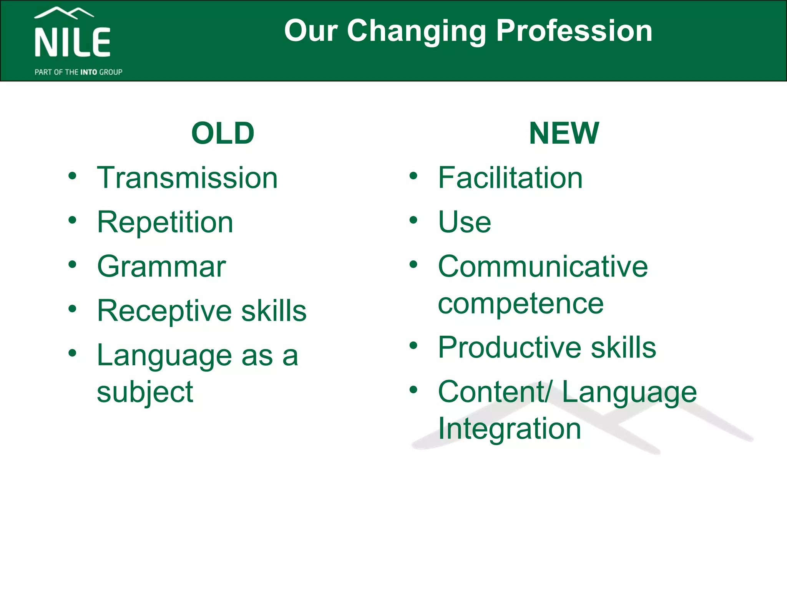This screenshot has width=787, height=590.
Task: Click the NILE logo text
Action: (73, 43)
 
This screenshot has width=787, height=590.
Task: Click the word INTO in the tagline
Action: (89, 72)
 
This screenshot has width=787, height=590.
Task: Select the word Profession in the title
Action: (574, 31)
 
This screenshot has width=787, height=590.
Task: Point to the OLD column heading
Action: (223, 133)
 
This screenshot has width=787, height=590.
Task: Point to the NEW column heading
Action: (564, 133)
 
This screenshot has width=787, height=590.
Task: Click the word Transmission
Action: (187, 178)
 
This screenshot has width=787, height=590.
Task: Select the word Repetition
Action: (165, 222)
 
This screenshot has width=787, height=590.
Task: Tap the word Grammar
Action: (161, 267)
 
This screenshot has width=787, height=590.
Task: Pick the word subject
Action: (145, 393)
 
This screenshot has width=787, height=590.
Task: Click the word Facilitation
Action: (510, 178)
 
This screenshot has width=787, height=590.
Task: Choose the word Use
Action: (465, 222)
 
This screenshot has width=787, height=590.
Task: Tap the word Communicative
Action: (543, 267)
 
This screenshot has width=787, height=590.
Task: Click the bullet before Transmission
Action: (72, 176)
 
